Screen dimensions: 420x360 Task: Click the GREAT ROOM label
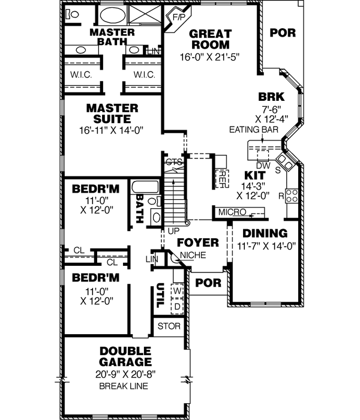click(209, 39)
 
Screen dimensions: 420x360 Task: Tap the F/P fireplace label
click(179, 17)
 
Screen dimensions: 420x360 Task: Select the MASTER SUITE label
click(112, 113)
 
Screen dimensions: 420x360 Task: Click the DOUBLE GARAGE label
click(125, 357)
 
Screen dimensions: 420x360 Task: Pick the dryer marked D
click(177, 307)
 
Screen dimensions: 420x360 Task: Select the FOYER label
click(197, 242)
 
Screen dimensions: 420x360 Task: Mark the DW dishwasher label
click(262, 165)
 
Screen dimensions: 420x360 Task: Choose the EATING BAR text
click(253, 129)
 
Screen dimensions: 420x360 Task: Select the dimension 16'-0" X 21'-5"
click(209, 58)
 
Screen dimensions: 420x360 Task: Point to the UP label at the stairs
click(175, 230)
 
